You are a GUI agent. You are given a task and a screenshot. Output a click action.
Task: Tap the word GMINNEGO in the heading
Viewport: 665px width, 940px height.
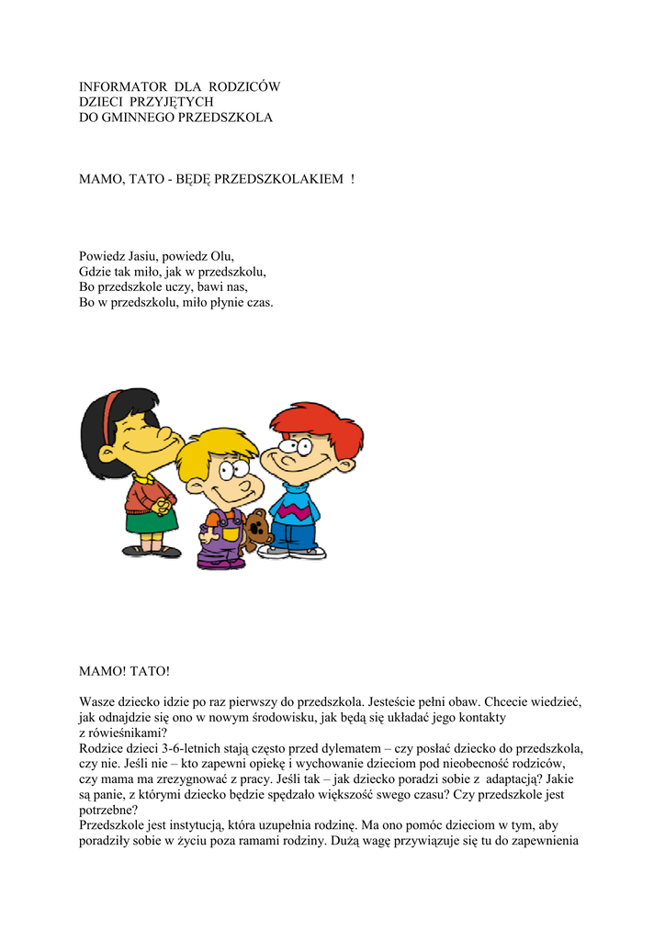pos(139,118)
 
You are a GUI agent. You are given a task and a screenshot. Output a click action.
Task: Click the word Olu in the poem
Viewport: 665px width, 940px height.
pos(222,256)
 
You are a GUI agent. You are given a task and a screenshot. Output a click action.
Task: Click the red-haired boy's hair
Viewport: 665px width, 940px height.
pos(317,422)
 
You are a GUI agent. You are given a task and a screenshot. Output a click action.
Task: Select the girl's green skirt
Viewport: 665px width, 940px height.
pos(152,521)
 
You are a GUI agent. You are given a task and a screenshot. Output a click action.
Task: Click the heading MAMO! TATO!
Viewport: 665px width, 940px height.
pos(124,672)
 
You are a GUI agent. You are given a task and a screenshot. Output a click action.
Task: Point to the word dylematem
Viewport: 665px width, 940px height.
pos(343,748)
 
